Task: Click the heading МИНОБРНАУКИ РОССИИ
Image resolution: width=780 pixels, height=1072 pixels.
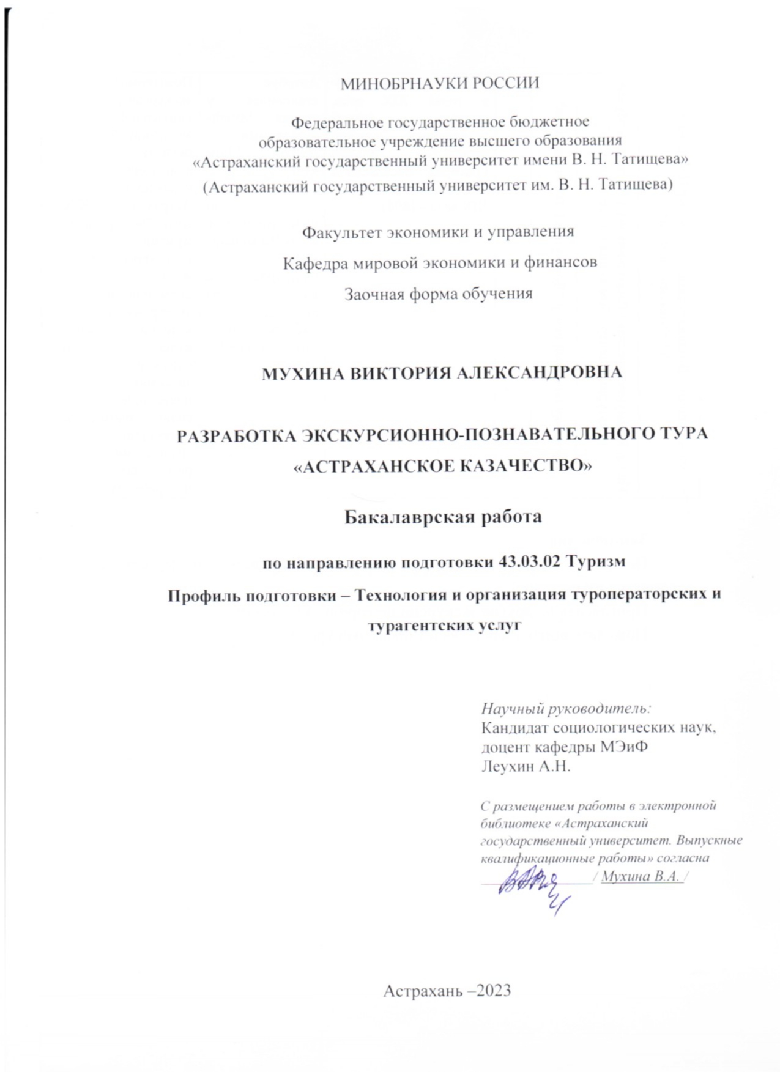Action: pyautogui.click(x=440, y=83)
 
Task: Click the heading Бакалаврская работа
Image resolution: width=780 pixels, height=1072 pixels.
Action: pyautogui.click(x=442, y=517)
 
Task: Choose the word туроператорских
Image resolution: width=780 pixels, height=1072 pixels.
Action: pyautogui.click(x=639, y=594)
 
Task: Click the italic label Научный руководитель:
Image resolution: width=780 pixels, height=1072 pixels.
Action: pyautogui.click(x=566, y=709)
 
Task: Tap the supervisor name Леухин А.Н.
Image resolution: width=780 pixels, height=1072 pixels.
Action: pyautogui.click(x=526, y=766)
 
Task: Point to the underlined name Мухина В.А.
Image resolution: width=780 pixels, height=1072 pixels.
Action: pyautogui.click(x=641, y=876)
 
